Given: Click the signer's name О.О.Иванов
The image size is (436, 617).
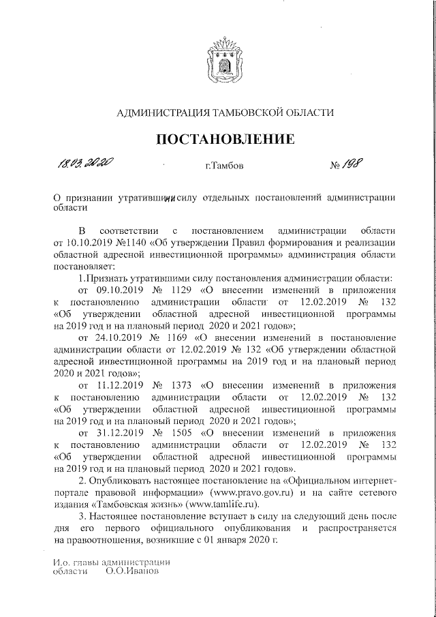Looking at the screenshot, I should click(132, 571).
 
